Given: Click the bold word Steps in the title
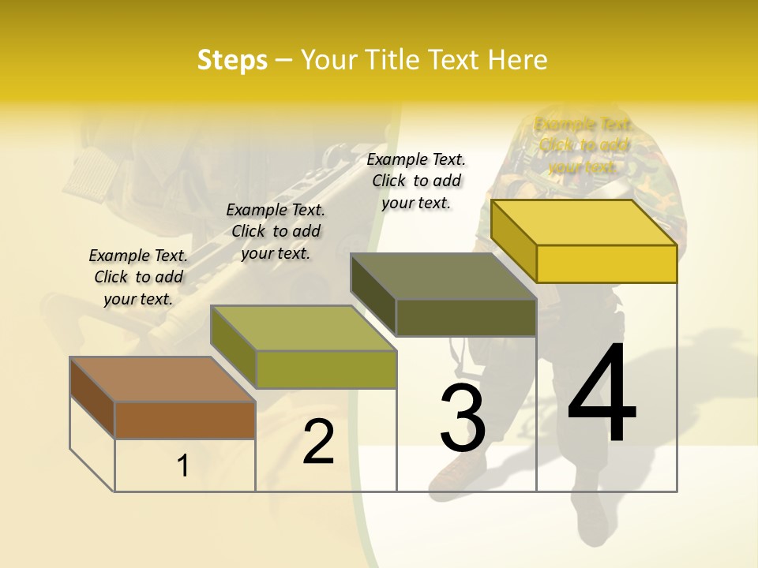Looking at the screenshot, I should [x=232, y=60].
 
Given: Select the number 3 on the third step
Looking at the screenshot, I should [x=463, y=418].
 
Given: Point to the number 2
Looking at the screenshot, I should [x=318, y=443].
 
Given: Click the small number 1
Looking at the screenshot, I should [x=183, y=466].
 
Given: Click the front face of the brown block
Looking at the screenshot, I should [x=185, y=420].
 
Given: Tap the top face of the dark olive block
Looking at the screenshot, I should [x=444, y=276].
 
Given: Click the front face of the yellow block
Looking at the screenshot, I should [x=606, y=263].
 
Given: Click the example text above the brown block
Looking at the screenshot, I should [x=138, y=277].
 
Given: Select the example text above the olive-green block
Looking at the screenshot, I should [x=276, y=231].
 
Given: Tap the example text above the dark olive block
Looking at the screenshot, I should [x=416, y=181].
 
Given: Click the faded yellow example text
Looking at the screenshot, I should [x=584, y=145].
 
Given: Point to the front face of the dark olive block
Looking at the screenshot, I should [x=466, y=317].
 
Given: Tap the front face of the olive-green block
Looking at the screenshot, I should [x=326, y=369].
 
